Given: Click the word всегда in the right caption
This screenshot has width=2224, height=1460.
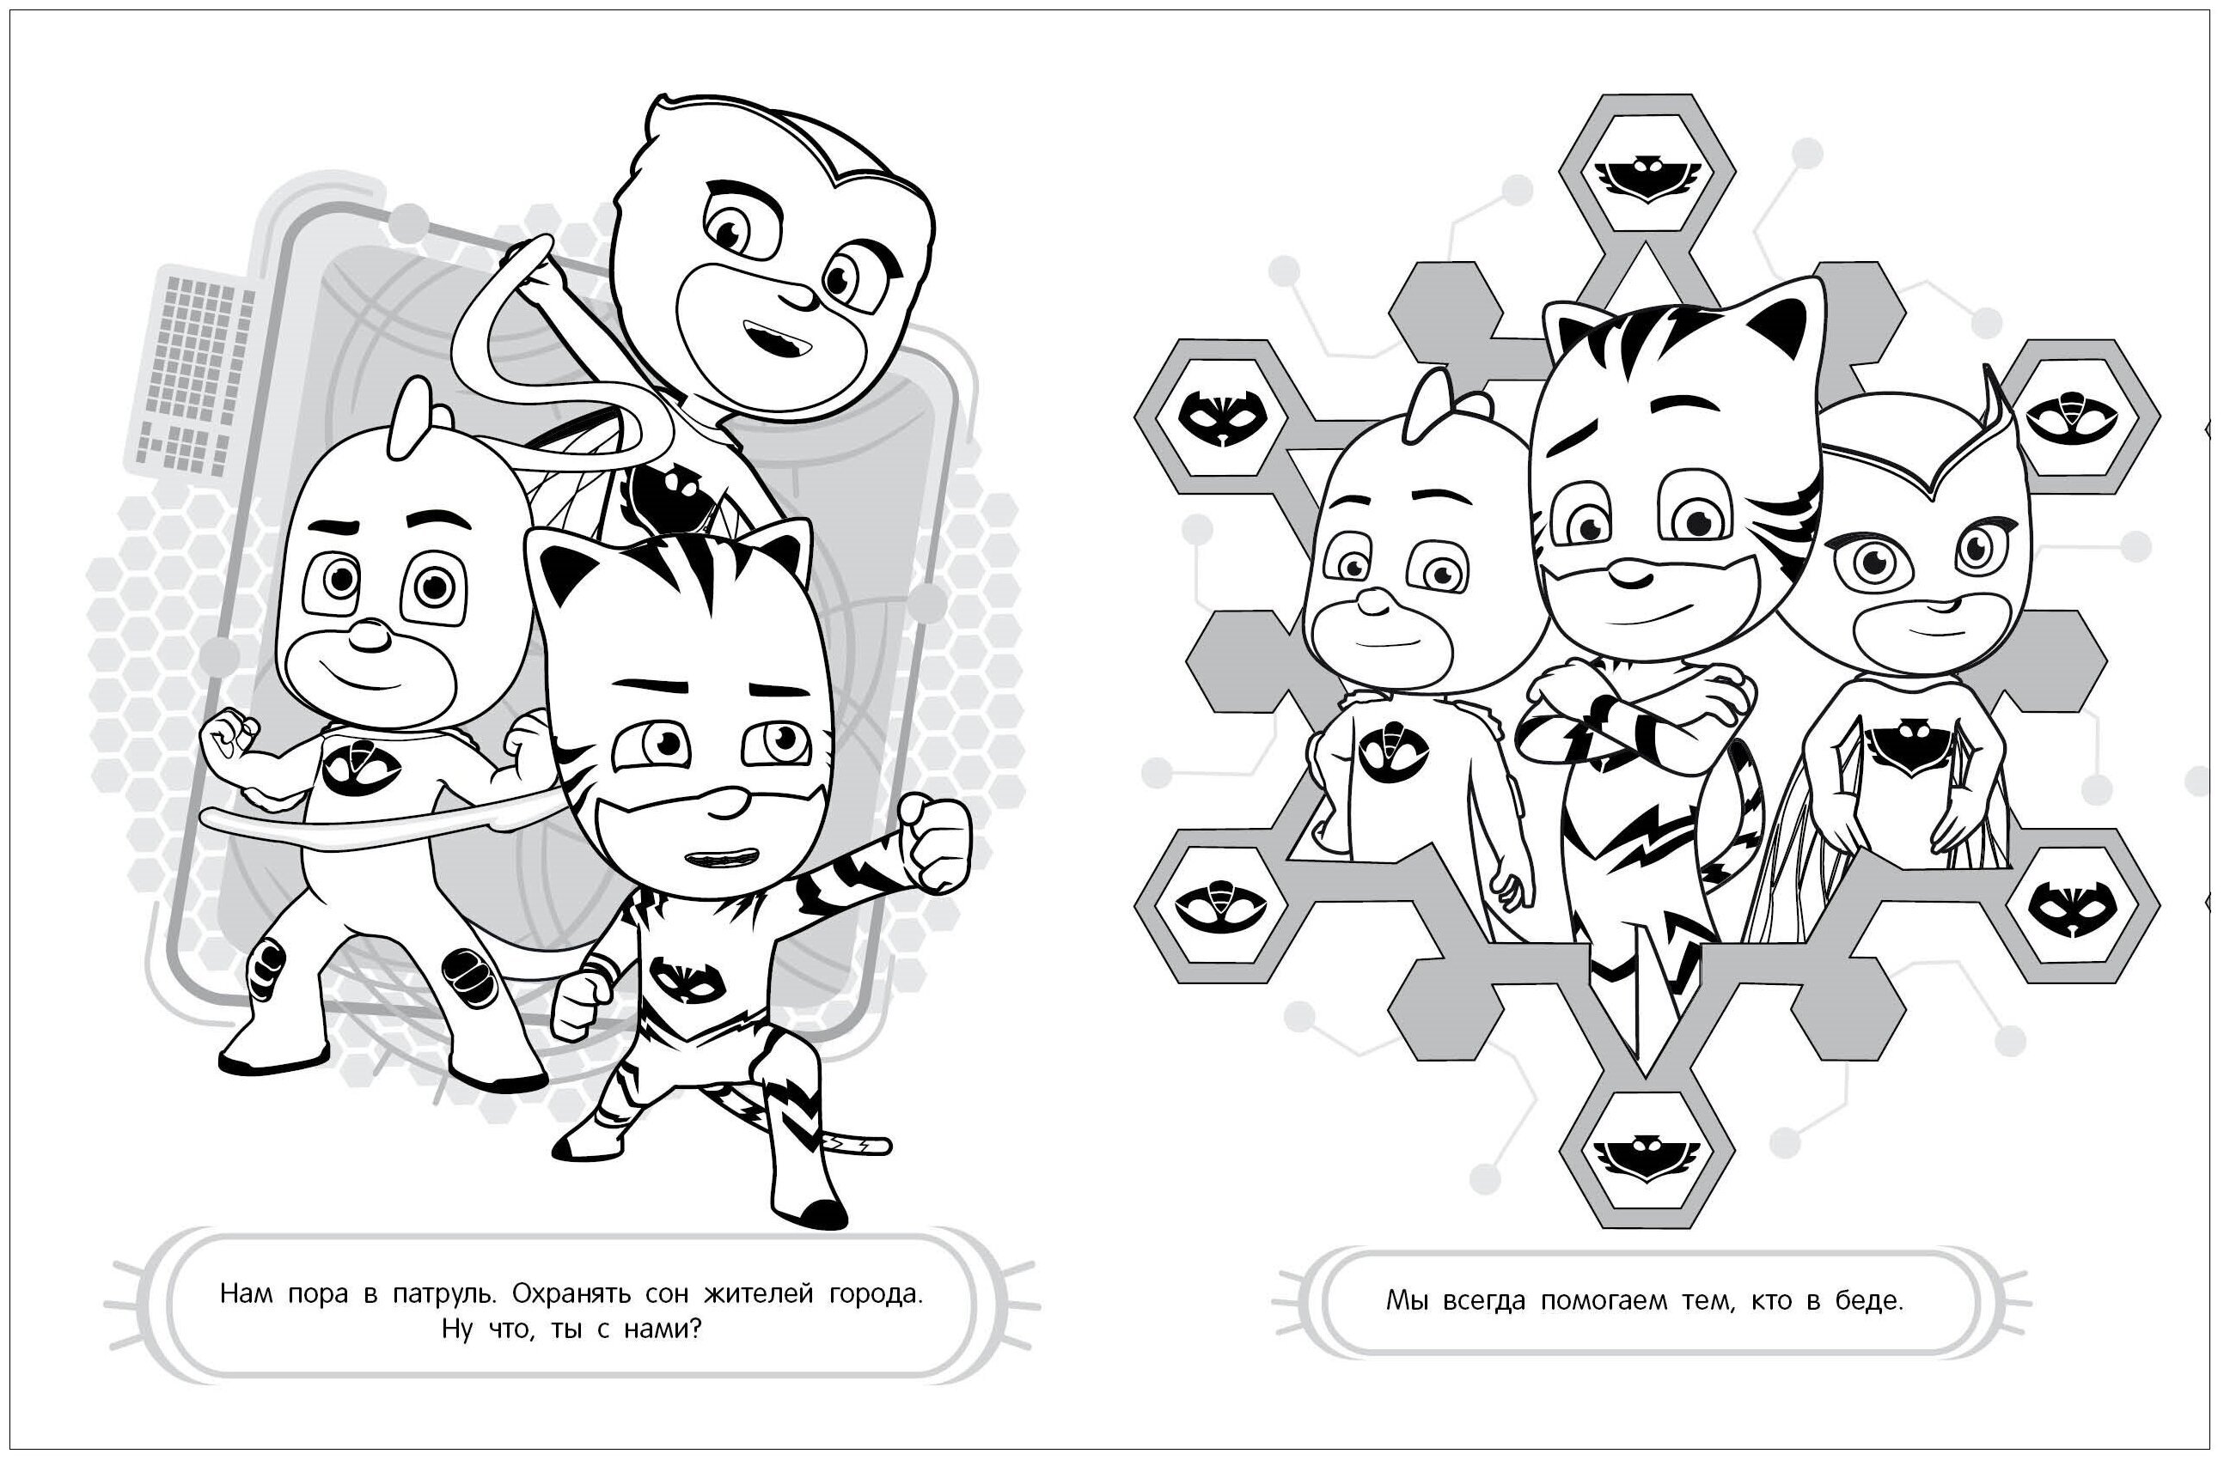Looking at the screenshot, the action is [1488, 1301].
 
